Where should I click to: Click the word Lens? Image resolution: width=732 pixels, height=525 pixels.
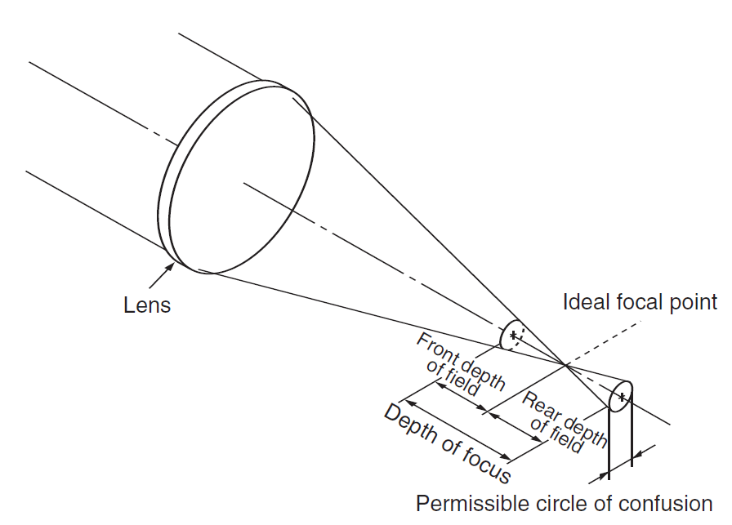147,305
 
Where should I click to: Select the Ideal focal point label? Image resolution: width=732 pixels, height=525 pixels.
640,302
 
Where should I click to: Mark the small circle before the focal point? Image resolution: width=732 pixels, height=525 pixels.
512,334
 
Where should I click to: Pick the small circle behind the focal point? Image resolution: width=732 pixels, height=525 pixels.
621,398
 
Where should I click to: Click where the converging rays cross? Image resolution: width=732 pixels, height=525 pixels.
565,364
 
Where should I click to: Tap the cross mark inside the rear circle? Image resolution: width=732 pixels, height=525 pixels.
623,398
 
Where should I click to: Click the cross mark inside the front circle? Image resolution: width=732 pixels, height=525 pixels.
513,334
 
